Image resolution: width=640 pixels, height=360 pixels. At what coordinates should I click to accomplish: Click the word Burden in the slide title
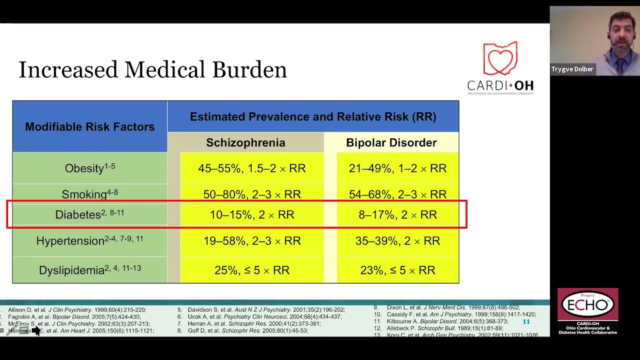(249, 70)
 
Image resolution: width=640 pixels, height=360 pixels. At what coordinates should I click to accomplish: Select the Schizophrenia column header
(245, 143)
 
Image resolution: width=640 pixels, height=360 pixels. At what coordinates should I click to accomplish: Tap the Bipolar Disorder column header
(391, 143)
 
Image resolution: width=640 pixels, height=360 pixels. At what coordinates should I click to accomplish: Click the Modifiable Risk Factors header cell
(89, 127)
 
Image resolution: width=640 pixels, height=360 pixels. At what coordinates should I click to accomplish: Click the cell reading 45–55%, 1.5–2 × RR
(251, 168)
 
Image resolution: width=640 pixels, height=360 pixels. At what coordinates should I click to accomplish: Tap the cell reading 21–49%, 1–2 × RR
(397, 168)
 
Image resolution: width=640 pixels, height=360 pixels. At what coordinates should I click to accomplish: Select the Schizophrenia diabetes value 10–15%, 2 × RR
(251, 215)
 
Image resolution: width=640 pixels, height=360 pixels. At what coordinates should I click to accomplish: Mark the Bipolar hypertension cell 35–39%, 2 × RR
(397, 241)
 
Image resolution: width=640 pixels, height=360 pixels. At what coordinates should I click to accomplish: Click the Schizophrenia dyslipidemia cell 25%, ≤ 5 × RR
(251, 270)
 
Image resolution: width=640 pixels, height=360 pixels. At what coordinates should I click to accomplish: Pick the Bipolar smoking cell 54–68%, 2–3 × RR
(397, 194)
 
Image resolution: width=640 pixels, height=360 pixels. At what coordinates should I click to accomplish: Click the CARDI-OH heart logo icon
(500, 59)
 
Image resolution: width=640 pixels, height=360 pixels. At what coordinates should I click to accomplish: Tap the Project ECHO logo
(587, 304)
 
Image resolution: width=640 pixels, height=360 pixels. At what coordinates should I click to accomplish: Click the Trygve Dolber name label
(572, 69)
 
